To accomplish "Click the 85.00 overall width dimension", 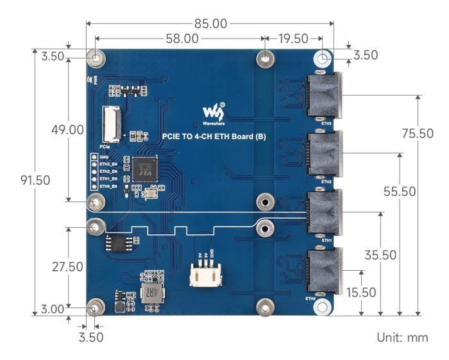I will [210, 24].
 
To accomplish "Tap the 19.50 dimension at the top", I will [293, 39].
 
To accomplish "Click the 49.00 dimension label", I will [67, 129].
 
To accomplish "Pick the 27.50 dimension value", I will [67, 267].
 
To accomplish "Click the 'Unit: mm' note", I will [402, 338].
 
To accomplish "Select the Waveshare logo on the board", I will [214, 112].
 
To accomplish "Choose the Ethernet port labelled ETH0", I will [325, 273].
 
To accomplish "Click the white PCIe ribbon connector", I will [112, 123].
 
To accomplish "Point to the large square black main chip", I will [145, 169].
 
